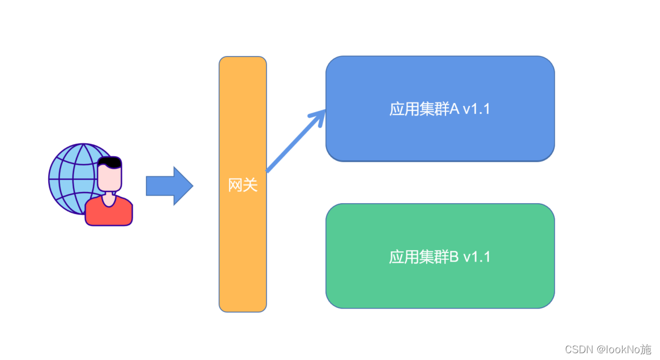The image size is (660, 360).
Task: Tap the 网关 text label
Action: tap(243, 185)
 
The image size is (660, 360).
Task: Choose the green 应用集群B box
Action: tap(440, 283)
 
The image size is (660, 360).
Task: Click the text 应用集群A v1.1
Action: tap(440, 109)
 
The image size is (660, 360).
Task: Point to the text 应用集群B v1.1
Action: tap(440, 257)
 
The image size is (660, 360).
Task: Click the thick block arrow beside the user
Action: tap(169, 186)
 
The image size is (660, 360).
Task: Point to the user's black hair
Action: tap(109, 162)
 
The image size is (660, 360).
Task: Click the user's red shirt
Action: tap(109, 212)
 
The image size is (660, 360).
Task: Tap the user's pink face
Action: tap(109, 178)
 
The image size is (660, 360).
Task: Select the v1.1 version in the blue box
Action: tap(476, 109)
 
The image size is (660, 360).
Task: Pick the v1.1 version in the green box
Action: tap(477, 257)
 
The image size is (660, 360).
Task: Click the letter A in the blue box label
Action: tap(454, 109)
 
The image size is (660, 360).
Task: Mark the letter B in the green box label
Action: tap(454, 257)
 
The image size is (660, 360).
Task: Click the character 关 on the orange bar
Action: tap(250, 185)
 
